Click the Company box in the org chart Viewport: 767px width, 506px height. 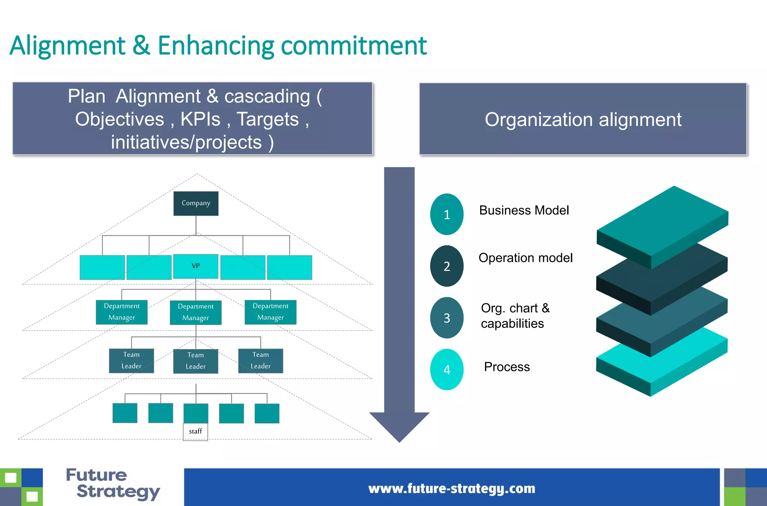pos(196,203)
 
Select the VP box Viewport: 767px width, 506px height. pos(196,266)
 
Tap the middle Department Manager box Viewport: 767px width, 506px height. pos(195,312)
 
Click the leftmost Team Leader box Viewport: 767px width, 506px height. pos(131,361)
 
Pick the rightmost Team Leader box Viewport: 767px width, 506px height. pos(261,361)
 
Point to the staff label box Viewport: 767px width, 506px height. pos(195,431)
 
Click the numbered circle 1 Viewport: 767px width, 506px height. pos(447,215)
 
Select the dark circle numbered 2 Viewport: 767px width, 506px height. pos(447,266)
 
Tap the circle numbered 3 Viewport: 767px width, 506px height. pos(447,318)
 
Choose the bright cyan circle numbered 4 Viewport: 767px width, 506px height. pos(447,370)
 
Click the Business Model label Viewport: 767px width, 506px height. pos(524,210)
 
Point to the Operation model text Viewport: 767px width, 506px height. pos(525,258)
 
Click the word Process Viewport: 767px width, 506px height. pos(507,367)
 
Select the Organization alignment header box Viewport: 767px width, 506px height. pos(583,119)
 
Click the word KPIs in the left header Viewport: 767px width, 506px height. pos(200,119)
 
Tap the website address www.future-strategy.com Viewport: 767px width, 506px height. pos(452,489)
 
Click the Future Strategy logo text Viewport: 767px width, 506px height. pos(112,484)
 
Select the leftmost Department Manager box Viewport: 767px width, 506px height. pos(122,312)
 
